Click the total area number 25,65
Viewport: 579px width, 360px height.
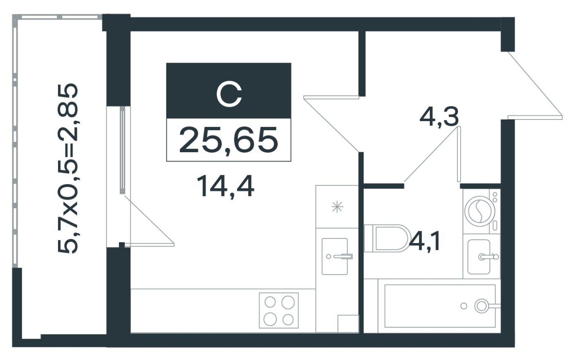[228, 140]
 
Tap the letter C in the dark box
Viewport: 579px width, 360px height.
[229, 94]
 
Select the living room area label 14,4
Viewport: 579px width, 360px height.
[225, 186]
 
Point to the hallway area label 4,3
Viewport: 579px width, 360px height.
[439, 117]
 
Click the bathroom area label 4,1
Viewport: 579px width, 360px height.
[425, 242]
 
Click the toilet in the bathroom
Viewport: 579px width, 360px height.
[386, 238]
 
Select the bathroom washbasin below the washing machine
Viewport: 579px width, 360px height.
[479, 257]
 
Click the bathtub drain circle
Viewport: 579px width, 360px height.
[463, 306]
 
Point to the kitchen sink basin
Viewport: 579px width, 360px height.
[334, 256]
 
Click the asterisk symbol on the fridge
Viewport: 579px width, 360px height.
[337, 207]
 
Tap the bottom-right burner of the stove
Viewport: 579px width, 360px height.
[288, 319]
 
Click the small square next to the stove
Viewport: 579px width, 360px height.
[348, 324]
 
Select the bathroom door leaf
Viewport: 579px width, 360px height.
[459, 154]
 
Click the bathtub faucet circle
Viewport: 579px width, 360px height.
[481, 306]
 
